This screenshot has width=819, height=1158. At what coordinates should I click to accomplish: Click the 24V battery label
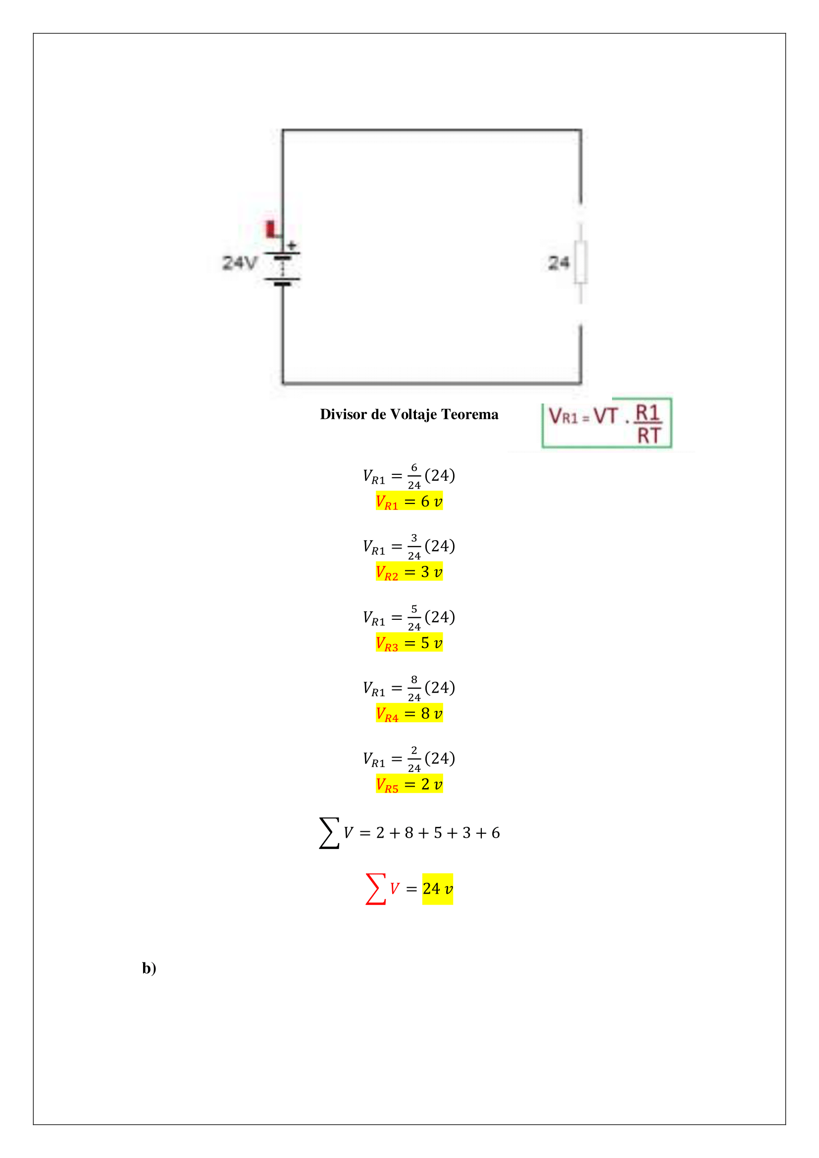click(240, 263)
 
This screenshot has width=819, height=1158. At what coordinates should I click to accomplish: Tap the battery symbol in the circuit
click(282, 267)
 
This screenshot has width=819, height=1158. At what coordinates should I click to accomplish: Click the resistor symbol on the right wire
click(581, 262)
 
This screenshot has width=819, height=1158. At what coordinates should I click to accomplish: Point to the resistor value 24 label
click(559, 263)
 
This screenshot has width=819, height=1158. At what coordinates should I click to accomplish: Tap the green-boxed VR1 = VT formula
click(607, 423)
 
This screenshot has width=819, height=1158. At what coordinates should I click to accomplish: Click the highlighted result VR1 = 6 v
click(409, 502)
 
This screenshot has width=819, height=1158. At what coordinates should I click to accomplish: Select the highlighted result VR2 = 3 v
click(409, 572)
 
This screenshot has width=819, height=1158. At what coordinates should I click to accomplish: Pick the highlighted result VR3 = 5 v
click(409, 643)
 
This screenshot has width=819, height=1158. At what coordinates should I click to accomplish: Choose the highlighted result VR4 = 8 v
click(409, 714)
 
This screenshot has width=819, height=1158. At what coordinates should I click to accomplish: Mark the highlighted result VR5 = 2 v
click(409, 784)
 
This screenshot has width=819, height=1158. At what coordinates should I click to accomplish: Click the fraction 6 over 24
click(414, 476)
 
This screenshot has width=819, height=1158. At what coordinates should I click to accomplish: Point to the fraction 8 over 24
click(414, 689)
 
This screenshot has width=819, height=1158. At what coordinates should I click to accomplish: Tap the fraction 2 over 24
click(414, 759)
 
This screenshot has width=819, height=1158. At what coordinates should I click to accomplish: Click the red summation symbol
click(376, 889)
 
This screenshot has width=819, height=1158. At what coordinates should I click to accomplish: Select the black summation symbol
click(329, 833)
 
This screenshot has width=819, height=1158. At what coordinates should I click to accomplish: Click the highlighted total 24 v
click(438, 889)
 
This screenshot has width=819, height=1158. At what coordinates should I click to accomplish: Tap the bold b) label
click(149, 968)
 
